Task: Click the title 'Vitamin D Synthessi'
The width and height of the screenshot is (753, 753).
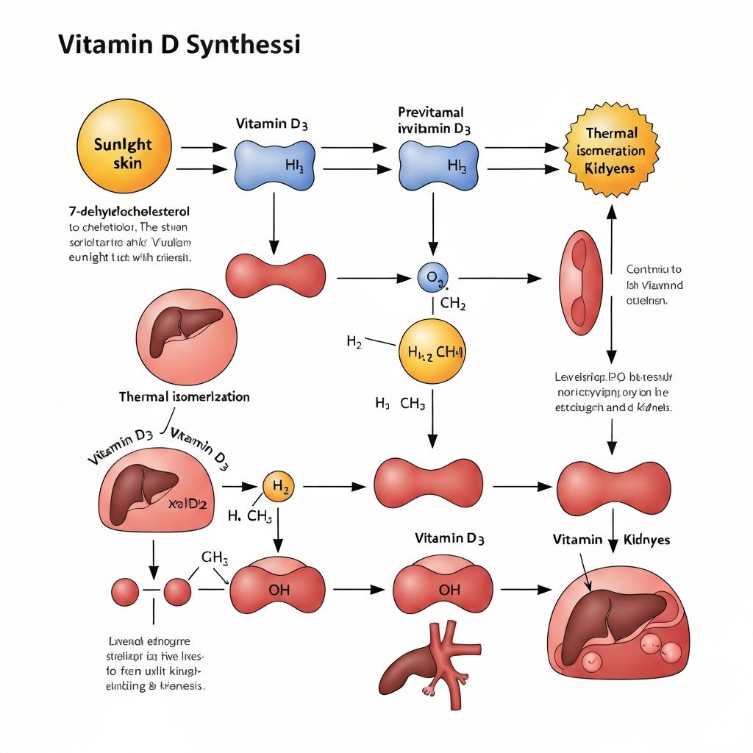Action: coord(179,45)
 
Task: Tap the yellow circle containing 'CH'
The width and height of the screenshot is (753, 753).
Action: coord(432,351)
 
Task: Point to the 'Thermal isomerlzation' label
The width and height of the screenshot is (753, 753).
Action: coord(184,396)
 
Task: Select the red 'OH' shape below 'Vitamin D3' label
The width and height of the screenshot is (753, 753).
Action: coord(443,589)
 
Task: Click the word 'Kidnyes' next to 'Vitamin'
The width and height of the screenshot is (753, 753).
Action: coord(647,539)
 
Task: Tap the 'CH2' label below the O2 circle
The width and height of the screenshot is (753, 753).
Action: coord(452,304)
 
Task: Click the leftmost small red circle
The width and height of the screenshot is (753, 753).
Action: coord(125,591)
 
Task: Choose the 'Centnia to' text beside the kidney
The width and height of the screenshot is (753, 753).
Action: coord(654,269)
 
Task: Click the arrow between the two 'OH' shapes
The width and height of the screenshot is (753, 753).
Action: coord(358,589)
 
